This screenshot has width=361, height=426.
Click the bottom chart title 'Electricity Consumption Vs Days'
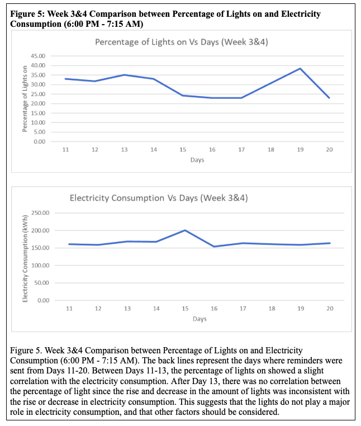tap(159, 198)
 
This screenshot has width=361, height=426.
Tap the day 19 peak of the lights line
tap(300, 69)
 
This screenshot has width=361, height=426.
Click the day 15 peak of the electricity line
tap(185, 230)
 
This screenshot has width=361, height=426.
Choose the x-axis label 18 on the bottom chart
tap(271, 309)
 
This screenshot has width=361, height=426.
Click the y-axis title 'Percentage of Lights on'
tap(25, 98)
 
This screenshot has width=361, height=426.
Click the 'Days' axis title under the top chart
tap(197, 160)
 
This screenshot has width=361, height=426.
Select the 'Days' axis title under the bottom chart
tap(199, 319)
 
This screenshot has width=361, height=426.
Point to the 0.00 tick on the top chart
tap(39, 141)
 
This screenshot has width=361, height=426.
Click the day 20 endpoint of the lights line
tap(329, 98)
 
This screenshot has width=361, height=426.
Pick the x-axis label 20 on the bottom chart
tap(329, 309)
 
